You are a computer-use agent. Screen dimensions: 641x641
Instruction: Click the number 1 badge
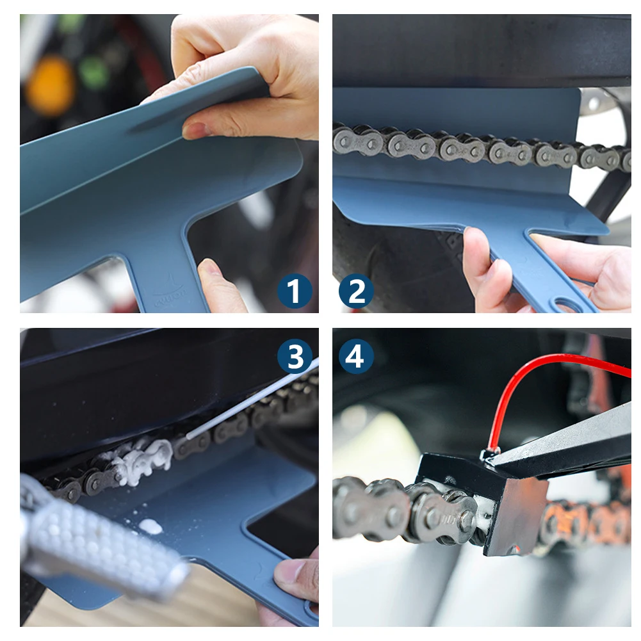pyautogui.click(x=295, y=291)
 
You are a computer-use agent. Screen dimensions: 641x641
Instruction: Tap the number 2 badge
pyautogui.click(x=356, y=291)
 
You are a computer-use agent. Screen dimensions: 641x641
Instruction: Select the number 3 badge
pyautogui.click(x=295, y=357)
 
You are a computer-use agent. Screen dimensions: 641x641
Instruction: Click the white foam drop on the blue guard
pyautogui.click(x=150, y=526)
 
